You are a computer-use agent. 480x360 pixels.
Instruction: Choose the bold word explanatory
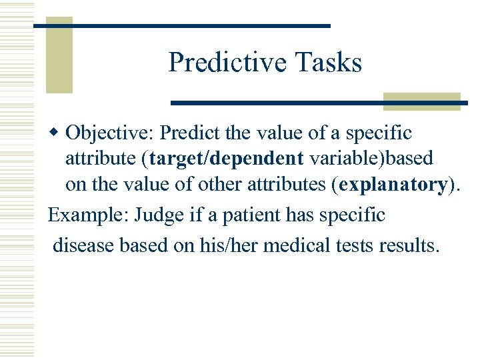[393, 184]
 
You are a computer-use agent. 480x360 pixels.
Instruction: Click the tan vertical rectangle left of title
[59, 56]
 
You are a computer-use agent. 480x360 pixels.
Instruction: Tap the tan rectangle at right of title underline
[421, 101]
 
